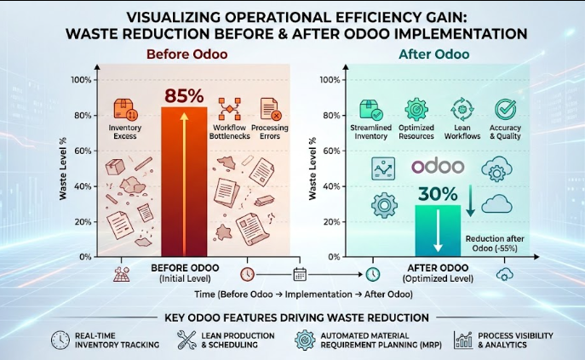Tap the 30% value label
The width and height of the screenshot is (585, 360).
tap(438, 192)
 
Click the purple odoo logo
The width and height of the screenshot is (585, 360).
tap(438, 167)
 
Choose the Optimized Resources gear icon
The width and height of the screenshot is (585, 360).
tap(416, 109)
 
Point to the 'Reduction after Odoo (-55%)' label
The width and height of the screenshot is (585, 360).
tap(495, 244)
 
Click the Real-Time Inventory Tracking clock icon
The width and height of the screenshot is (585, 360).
tap(60, 340)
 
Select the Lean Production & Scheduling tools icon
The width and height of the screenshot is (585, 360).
tap(186, 340)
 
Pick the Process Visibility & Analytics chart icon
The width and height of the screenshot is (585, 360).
tap(463, 340)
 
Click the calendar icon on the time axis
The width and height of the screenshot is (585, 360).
tap(299, 274)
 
